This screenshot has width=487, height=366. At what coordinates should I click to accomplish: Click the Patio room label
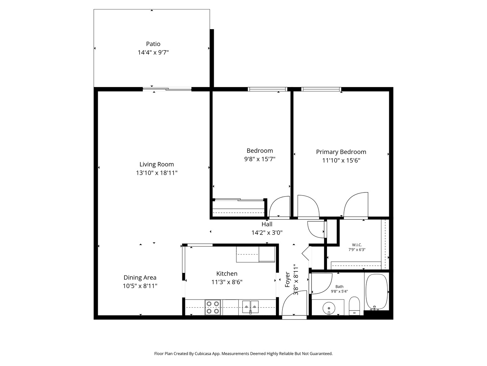tap(153, 44)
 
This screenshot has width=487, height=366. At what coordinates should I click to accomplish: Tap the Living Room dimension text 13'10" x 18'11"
tap(157, 173)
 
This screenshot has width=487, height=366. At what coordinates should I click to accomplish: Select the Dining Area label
tap(140, 278)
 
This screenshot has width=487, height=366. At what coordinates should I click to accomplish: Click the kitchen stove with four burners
tap(213, 308)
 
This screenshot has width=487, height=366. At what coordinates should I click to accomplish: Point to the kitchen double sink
tap(250, 307)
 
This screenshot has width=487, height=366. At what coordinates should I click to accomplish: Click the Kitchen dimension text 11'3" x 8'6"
tap(227, 282)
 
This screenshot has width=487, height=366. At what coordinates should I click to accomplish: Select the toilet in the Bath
tap(354, 305)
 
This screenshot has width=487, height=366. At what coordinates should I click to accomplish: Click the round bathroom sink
tap(328, 309)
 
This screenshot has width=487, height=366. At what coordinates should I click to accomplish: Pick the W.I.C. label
tap(357, 245)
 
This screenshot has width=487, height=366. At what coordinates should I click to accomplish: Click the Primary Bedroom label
tap(341, 152)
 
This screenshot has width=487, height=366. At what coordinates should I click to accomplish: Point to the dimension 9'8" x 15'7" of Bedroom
tap(260, 159)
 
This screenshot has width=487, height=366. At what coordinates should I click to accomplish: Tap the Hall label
tap(267, 224)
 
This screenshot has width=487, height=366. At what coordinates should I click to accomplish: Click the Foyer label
tap(287, 280)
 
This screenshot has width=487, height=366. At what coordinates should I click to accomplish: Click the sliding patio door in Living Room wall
tap(167, 89)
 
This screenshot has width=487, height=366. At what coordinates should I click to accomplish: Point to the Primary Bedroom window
tap(321, 89)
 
